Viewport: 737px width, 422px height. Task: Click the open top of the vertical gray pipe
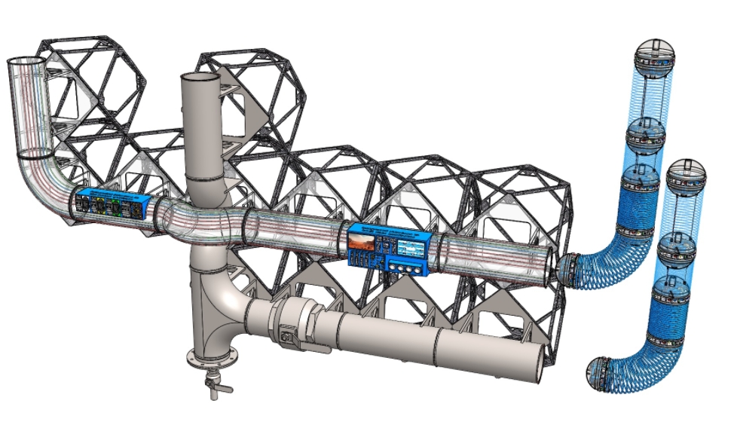[198, 78]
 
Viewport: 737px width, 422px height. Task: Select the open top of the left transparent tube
[26, 62]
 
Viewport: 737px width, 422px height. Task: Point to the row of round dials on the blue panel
[408, 265]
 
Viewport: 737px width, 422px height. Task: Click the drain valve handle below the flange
[213, 387]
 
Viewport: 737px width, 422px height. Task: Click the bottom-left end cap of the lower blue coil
[601, 374]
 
